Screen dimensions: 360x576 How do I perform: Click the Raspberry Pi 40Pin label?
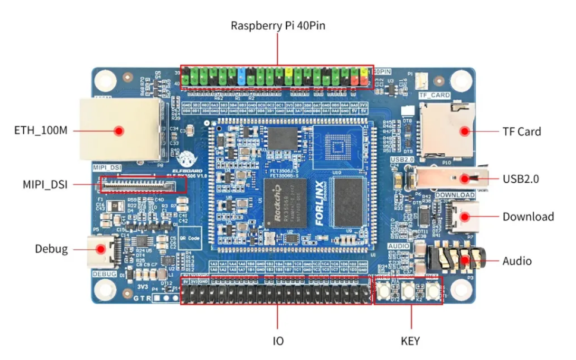[x=278, y=26]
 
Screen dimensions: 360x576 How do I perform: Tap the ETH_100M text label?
[x=41, y=130]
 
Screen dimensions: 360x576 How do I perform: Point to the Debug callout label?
[x=51, y=249]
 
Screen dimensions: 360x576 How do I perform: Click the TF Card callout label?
[x=521, y=131]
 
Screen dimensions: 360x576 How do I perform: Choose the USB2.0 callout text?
[x=521, y=178]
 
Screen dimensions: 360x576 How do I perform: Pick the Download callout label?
[x=528, y=217]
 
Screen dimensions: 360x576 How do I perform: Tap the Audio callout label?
[x=517, y=261]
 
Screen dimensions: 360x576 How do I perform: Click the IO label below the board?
[x=278, y=341]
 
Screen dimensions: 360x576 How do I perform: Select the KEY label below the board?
[x=410, y=341]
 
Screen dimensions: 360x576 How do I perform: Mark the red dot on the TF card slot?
[x=464, y=131]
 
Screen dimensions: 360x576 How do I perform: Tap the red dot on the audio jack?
[x=464, y=260]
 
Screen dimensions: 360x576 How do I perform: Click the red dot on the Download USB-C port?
[x=464, y=217]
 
